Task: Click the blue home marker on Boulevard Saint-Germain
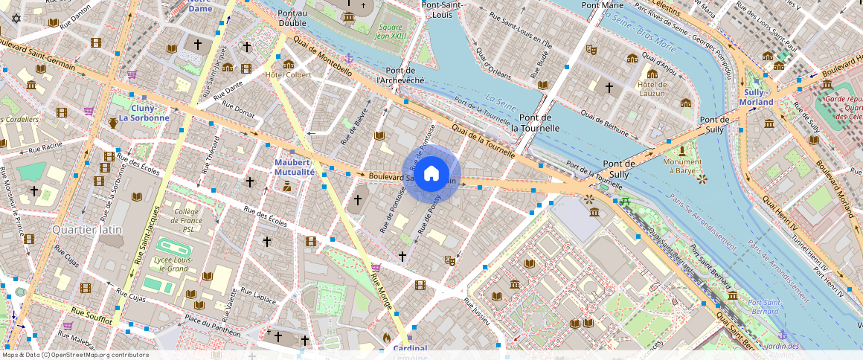(431, 174)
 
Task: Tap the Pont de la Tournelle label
(535, 123)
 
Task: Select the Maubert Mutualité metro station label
(295, 167)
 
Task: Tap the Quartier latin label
(87, 230)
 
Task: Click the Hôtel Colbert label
(289, 74)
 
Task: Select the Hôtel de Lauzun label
(652, 89)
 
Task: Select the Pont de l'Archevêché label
(400, 74)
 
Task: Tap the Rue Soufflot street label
(92, 315)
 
